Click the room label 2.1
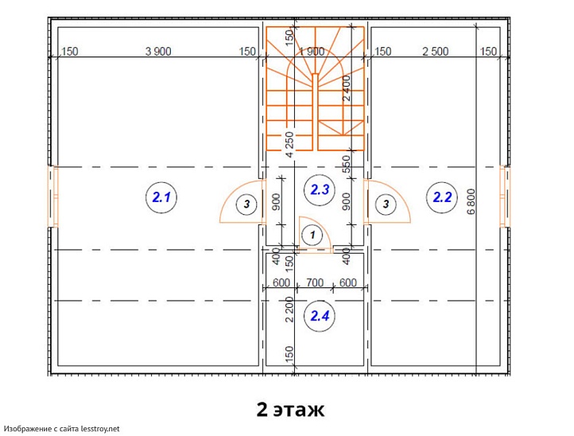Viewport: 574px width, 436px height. click(161, 197)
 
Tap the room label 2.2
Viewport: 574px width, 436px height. click(442, 197)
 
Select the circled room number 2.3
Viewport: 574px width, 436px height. click(320, 190)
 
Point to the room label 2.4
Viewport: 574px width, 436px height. click(320, 316)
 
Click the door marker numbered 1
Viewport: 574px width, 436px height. click(312, 235)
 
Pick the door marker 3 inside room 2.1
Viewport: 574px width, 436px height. click(246, 204)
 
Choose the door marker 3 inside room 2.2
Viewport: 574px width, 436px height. click(386, 204)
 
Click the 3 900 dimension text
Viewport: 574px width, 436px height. click(158, 51)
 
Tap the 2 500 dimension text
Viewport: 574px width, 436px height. click(435, 51)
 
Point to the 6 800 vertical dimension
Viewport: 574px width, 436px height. click(471, 201)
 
